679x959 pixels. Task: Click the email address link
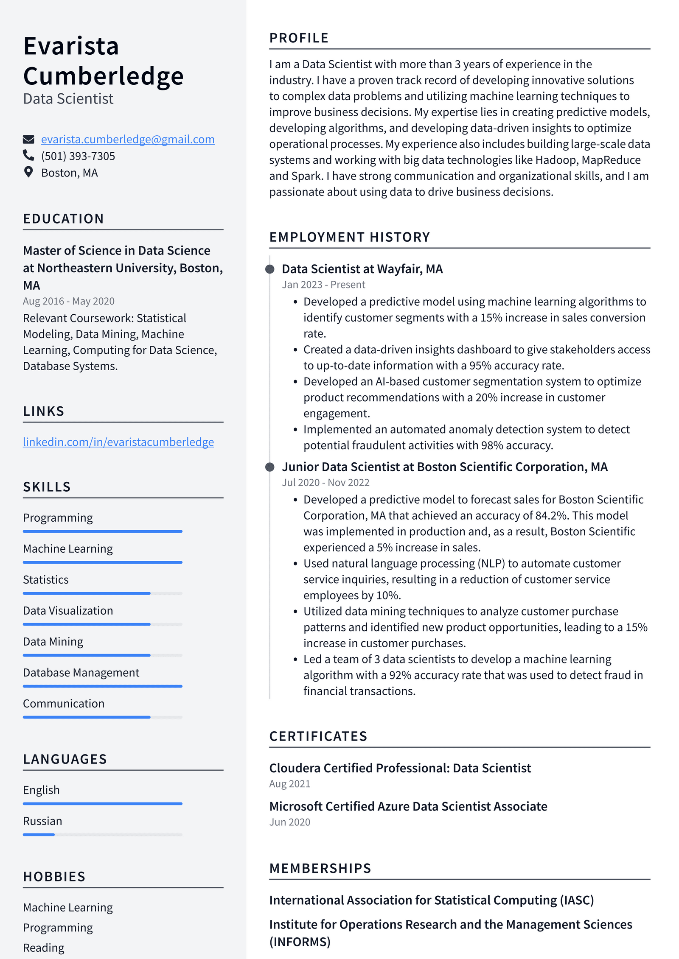[x=127, y=139]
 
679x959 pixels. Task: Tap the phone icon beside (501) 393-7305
[x=28, y=155]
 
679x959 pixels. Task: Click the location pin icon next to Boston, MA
[x=28, y=172]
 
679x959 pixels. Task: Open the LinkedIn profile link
[x=118, y=442]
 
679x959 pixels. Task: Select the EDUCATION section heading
[x=63, y=218]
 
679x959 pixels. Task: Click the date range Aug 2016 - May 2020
[x=69, y=301]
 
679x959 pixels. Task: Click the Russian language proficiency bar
[x=102, y=834]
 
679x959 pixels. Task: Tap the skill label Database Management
[x=81, y=673]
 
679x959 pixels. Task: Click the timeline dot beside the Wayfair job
[x=269, y=269]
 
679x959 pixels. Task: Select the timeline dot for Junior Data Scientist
[x=269, y=467]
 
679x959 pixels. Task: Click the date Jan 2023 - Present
[x=323, y=285]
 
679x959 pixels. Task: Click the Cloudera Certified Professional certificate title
[x=400, y=768]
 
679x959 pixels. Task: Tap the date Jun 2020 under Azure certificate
[x=289, y=822]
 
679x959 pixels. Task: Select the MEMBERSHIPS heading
[x=320, y=868]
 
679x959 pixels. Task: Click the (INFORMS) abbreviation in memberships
[x=300, y=942]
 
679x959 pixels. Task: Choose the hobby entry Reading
[x=44, y=948]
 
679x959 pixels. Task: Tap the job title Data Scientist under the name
[x=68, y=99]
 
